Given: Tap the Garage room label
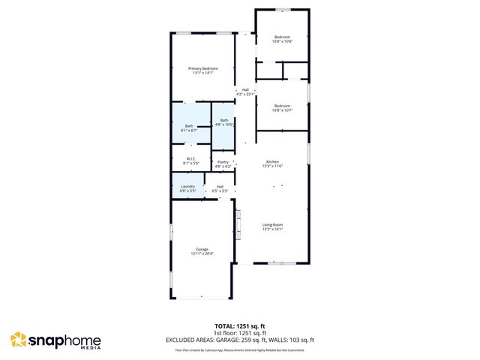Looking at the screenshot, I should (202, 249).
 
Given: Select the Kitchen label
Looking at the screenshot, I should (271, 162).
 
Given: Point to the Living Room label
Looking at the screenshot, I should (271, 224).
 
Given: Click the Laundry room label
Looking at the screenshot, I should (187, 186).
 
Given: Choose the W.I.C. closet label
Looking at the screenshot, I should (190, 158).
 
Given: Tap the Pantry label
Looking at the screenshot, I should (223, 162).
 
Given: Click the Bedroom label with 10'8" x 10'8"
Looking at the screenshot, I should (282, 37).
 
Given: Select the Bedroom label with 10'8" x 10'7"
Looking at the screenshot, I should (282, 106).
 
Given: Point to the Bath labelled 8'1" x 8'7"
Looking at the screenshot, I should (189, 126).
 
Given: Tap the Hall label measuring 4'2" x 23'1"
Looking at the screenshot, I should (245, 90).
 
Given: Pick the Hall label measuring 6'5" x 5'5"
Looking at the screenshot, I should (220, 186).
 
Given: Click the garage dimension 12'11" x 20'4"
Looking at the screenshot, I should (202, 253).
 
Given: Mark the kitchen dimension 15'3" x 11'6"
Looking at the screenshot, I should (271, 166).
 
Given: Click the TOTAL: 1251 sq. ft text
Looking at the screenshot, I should (240, 325).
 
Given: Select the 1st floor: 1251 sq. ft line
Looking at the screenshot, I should (240, 332).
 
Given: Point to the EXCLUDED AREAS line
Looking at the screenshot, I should (240, 340).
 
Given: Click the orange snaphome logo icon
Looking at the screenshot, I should (18, 340).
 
